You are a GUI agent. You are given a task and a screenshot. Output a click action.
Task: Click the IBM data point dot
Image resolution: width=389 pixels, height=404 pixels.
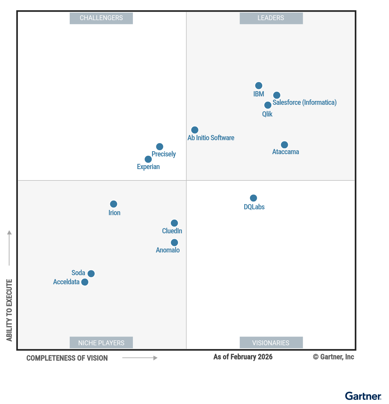click(x=259, y=86)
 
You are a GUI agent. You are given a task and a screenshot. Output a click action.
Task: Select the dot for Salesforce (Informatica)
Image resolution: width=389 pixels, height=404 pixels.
click(x=277, y=95)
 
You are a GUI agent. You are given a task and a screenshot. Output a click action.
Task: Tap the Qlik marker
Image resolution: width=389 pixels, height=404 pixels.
click(x=268, y=105)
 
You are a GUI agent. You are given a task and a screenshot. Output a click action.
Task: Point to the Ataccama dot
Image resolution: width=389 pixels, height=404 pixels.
click(x=284, y=145)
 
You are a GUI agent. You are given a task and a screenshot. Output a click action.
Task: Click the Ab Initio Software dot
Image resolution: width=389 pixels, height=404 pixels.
click(x=195, y=130)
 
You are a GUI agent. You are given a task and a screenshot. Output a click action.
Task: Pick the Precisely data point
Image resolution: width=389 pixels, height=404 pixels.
click(x=159, y=147)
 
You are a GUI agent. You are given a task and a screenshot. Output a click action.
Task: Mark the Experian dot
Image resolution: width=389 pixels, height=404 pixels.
click(x=148, y=159)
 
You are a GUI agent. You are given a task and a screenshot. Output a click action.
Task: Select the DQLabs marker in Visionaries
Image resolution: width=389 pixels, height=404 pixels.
click(x=253, y=198)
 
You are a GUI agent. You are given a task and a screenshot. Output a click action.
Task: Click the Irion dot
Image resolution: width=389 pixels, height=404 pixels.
click(x=113, y=204)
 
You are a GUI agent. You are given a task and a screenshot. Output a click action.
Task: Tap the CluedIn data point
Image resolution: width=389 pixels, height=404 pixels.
click(x=174, y=223)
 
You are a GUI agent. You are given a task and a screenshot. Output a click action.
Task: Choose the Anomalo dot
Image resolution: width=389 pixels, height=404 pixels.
click(x=174, y=242)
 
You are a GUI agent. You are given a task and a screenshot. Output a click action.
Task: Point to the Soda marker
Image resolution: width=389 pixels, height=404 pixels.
click(x=91, y=274)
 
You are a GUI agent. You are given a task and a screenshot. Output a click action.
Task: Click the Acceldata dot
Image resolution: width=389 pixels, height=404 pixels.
click(x=85, y=282)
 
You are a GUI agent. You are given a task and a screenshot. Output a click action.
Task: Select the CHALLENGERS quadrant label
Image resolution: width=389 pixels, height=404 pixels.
click(x=101, y=18)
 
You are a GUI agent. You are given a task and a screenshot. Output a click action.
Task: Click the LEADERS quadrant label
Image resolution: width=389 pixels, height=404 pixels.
click(x=271, y=18)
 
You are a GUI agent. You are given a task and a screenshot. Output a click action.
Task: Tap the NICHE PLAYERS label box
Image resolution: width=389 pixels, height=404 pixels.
click(x=101, y=343)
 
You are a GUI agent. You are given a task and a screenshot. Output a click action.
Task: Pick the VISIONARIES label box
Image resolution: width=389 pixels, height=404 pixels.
click(x=271, y=343)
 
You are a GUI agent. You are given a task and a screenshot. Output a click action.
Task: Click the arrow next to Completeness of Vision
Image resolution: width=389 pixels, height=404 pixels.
click(x=140, y=358)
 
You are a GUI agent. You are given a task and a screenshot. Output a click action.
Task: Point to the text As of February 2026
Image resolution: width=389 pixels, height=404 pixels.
click(x=243, y=357)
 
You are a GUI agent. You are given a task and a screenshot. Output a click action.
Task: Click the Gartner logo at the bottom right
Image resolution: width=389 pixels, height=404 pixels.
click(x=363, y=396)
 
